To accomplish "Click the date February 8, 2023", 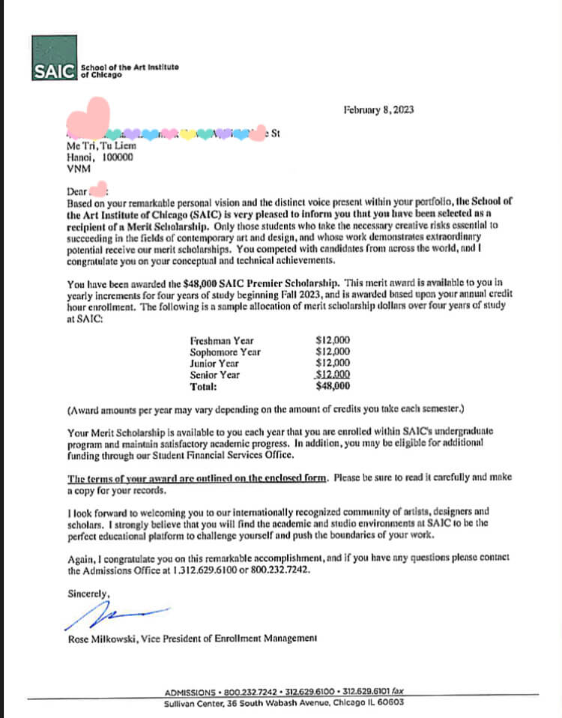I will (378, 110).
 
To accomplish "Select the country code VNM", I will (78, 169).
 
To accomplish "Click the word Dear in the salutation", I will (76, 191).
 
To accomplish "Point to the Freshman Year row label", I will (222, 340).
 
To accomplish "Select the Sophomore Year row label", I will (226, 352).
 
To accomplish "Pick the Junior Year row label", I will (215, 363).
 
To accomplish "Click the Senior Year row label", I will (215, 375).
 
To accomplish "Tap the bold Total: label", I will (204, 387).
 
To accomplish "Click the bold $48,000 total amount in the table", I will (333, 387).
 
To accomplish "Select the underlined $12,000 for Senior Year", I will (333, 375).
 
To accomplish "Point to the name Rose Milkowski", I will (100, 639).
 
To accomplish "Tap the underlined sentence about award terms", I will (199, 478).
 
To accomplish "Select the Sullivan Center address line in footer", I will (284, 703).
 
